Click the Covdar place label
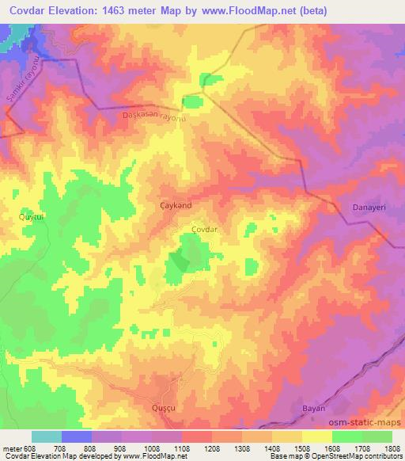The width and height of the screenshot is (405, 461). pos(204,229)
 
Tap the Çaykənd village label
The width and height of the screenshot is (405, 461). pos(174,204)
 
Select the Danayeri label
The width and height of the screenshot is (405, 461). pos(366,207)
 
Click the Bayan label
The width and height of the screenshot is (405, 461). pos(314,408)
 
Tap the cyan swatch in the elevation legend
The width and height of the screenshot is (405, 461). pos(47,436)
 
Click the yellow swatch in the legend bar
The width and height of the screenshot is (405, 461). pos(316,436)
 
